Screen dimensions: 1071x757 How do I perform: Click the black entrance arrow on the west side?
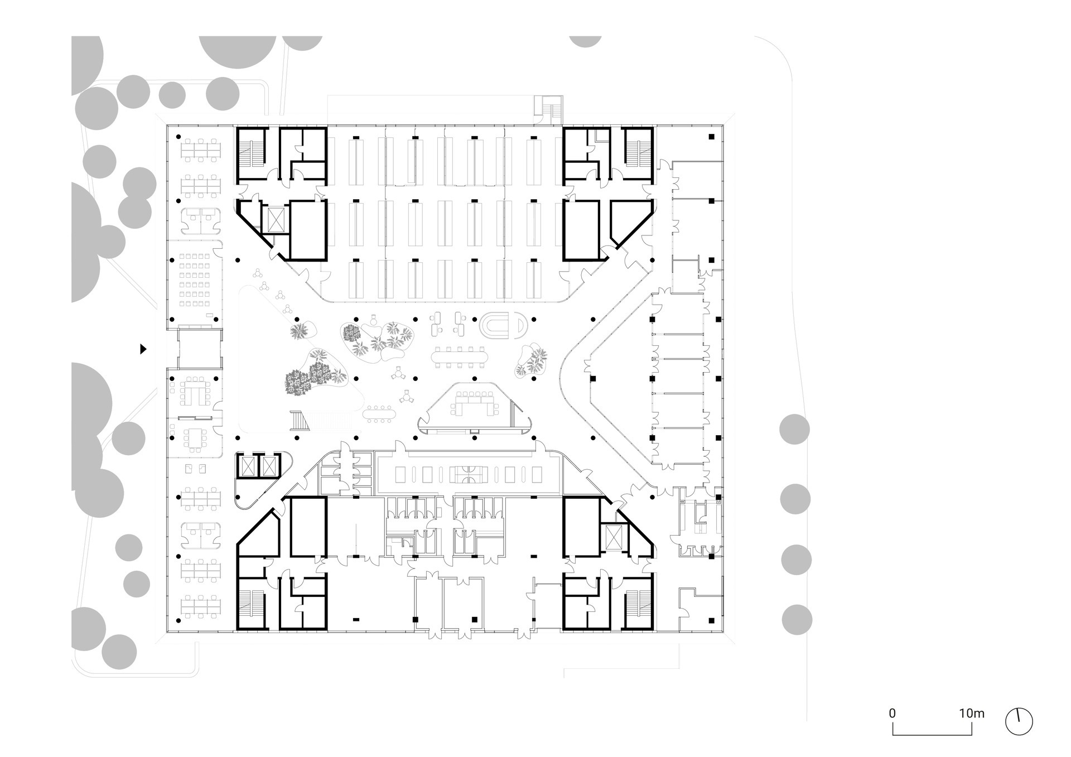(143, 349)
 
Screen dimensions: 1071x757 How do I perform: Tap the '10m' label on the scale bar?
(972, 713)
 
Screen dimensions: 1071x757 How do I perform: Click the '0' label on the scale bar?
(893, 713)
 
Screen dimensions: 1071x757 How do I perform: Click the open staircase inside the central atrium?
(300, 420)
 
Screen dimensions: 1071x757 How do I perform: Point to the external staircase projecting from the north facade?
(549, 109)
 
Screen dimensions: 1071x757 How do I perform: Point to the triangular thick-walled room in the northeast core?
(630, 222)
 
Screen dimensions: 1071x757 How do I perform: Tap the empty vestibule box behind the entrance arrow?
(200, 348)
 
